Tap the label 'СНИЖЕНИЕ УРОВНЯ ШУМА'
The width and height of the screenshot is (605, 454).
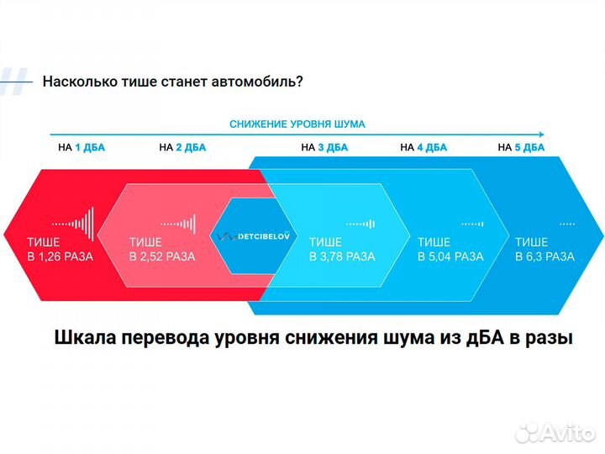point(297,124)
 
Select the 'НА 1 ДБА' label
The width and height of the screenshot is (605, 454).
point(82,147)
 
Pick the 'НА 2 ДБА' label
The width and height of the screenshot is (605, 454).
point(181,147)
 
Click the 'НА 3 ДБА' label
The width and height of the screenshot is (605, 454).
point(324,147)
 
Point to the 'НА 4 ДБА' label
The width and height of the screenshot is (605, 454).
point(423,147)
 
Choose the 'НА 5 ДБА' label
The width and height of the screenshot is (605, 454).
point(521,147)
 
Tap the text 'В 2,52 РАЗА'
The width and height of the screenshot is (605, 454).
point(162,256)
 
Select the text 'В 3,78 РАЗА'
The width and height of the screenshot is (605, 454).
point(342,256)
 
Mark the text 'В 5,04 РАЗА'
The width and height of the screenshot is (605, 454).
point(450,256)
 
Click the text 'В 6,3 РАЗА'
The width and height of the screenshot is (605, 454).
point(544,256)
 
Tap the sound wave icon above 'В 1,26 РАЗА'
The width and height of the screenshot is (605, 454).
point(74,224)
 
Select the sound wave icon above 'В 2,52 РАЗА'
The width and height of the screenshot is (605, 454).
point(178,224)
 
